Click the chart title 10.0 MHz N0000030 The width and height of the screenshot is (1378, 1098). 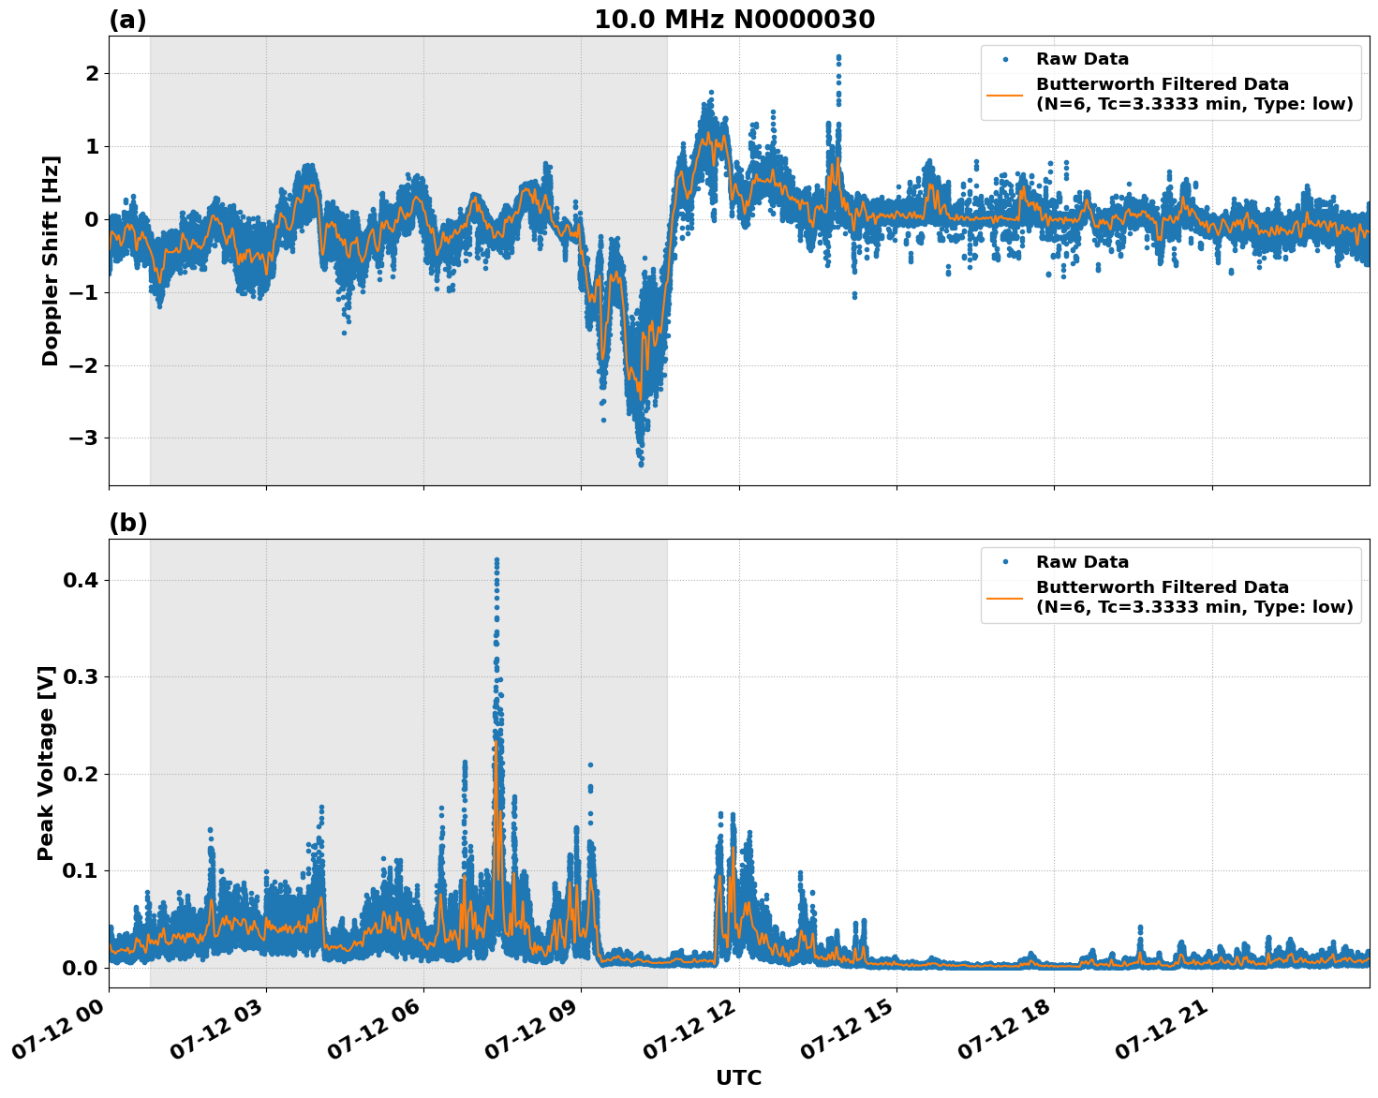point(734,20)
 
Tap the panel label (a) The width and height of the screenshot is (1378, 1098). point(127,20)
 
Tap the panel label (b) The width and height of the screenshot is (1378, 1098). point(127,523)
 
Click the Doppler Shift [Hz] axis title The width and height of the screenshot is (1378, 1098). point(51,260)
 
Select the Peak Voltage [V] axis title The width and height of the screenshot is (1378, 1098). point(46,763)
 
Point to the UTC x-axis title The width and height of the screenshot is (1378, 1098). point(738,1077)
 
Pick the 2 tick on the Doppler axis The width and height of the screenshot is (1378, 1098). point(92,73)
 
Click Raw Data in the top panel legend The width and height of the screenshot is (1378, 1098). point(1082,59)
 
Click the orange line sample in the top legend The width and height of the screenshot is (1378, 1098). point(1005,95)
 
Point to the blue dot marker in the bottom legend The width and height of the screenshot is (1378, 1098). point(1005,562)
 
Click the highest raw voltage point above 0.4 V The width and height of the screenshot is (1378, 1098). point(496,560)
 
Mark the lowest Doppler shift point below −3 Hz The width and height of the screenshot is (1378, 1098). point(641,464)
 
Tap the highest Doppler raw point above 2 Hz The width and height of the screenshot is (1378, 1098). point(838,57)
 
